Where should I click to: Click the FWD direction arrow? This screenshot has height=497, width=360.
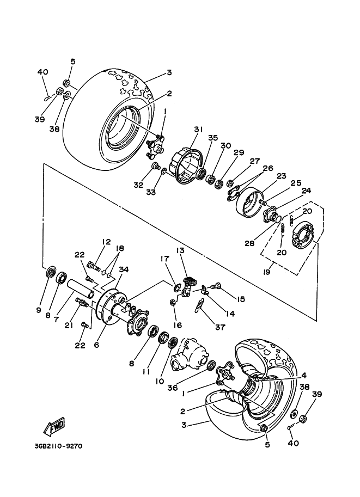click(54, 425)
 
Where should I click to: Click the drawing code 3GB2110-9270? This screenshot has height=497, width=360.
click(58, 446)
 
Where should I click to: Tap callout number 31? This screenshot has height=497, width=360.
click(198, 130)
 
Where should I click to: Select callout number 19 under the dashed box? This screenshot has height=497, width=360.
click(267, 272)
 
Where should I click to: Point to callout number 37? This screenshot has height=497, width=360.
click(220, 327)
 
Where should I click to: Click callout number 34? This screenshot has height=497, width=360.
click(124, 269)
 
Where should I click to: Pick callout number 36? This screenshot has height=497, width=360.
click(173, 388)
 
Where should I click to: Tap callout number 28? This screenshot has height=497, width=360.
click(249, 243)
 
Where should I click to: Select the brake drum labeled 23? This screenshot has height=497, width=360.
click(249, 202)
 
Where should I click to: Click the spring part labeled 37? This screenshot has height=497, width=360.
click(199, 306)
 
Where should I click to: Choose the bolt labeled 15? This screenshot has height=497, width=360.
click(215, 286)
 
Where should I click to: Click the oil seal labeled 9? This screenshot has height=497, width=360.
click(51, 272)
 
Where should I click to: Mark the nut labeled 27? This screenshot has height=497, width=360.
click(231, 183)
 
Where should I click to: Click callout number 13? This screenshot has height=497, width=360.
click(180, 251)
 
